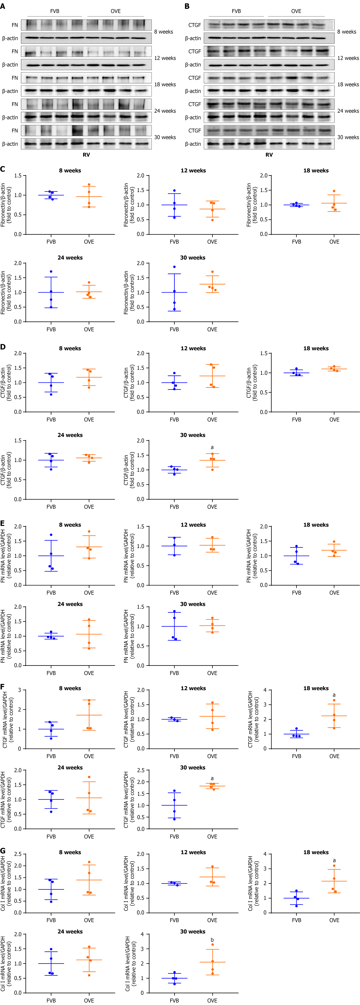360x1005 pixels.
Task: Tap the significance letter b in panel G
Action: (x=212, y=940)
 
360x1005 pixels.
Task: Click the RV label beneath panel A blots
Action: (x=86, y=155)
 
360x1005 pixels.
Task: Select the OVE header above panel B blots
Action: (x=296, y=11)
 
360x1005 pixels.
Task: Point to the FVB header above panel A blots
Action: (x=55, y=11)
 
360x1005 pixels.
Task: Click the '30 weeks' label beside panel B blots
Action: (x=348, y=137)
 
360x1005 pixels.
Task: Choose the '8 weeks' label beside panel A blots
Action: (x=163, y=32)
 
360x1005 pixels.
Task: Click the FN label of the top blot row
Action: (x=15, y=25)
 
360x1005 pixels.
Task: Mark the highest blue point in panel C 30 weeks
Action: (x=174, y=267)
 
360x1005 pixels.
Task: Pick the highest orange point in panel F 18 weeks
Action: (x=334, y=700)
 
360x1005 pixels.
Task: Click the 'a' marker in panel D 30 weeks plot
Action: (x=212, y=447)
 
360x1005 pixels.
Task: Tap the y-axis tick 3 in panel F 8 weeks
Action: (x=19, y=690)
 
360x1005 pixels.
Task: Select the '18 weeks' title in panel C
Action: (x=316, y=170)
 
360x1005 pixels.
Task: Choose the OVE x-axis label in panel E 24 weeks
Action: (x=89, y=673)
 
